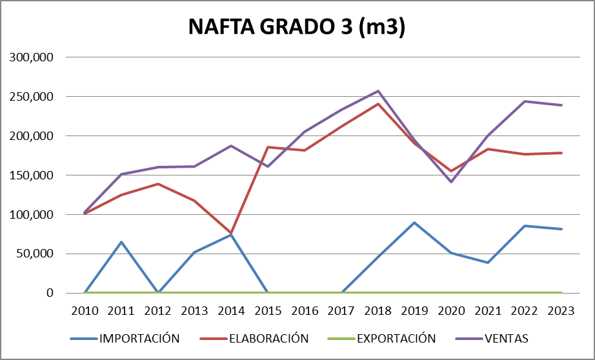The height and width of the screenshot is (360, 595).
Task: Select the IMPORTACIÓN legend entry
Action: click(x=138, y=338)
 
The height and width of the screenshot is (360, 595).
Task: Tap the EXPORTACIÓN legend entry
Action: click(x=396, y=338)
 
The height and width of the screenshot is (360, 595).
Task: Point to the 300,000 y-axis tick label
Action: click(x=31, y=57)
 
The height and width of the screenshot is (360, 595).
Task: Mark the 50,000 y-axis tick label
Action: click(x=34, y=254)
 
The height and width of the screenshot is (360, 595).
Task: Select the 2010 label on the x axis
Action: click(x=85, y=310)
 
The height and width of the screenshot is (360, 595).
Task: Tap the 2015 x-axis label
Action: click(x=268, y=310)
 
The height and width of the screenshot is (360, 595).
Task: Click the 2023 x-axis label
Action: click(x=561, y=310)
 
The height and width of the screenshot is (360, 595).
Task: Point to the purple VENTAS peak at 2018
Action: click(x=378, y=91)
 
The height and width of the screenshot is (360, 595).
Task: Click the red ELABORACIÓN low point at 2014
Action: click(x=232, y=233)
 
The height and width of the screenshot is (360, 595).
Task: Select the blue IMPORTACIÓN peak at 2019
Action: click(x=415, y=223)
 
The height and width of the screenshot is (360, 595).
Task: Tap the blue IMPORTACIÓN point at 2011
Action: click(x=121, y=242)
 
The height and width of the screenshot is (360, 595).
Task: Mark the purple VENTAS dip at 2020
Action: click(x=452, y=182)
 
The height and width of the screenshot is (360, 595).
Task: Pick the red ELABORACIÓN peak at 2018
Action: click(x=378, y=104)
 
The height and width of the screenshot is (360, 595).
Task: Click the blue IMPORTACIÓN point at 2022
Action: click(x=525, y=226)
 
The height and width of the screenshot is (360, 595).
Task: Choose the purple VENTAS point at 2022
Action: click(x=525, y=101)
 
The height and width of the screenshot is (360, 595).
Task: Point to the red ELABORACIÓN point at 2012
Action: click(x=158, y=184)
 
